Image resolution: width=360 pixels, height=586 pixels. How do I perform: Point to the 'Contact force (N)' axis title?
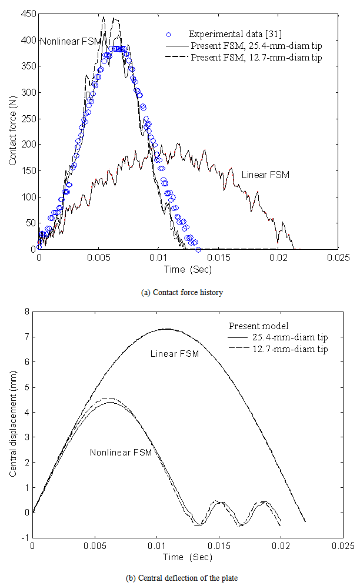coord(12,131)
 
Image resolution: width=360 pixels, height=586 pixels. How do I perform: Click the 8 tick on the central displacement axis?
coord(27,312)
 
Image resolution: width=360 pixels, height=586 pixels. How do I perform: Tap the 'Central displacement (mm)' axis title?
coord(12,424)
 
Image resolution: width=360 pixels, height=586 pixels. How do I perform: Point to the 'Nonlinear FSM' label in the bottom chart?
coord(121,452)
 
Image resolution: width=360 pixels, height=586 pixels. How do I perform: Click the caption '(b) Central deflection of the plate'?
coord(180,578)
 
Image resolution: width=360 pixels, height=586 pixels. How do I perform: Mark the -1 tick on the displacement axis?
coord(25,537)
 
